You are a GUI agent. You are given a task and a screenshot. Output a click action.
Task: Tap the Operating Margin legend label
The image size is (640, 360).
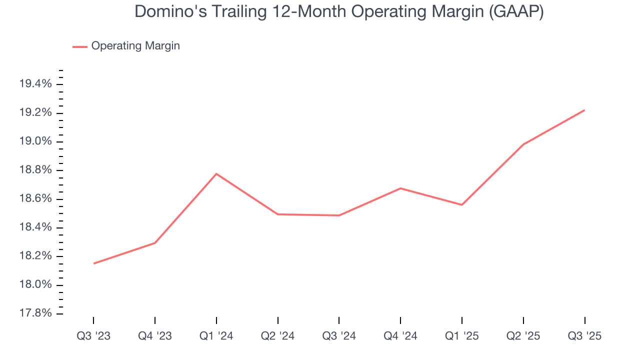[135, 46]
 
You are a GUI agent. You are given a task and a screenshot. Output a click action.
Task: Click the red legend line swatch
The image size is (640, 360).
[80, 46]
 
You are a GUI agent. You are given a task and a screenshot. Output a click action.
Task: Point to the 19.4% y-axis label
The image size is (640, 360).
[35, 84]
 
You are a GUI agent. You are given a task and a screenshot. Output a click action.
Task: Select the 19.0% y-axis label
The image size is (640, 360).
[35, 141]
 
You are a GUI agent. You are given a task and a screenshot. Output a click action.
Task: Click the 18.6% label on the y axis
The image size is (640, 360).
[35, 199]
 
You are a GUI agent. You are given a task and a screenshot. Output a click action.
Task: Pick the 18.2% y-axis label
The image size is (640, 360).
[35, 256]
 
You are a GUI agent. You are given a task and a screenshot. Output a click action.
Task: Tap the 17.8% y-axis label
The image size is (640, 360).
[35, 313]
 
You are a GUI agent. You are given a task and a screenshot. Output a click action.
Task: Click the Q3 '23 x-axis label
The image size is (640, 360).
[93, 336]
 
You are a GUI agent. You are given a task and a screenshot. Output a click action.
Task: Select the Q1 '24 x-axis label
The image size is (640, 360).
[216, 336]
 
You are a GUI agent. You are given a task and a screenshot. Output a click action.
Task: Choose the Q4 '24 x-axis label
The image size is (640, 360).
[400, 336]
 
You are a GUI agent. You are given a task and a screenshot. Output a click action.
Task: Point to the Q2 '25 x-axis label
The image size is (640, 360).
[523, 336]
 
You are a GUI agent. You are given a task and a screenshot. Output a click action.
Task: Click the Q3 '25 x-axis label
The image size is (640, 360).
[584, 336]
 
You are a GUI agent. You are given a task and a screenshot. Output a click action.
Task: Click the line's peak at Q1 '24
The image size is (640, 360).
[216, 173]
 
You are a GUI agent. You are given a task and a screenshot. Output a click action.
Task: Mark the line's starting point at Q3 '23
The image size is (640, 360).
[93, 263]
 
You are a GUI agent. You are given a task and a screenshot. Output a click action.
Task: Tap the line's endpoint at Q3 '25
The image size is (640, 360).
[584, 110]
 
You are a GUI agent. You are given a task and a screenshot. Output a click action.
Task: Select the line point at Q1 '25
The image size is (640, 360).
[462, 205]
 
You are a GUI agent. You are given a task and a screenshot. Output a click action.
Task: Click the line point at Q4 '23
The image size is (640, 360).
[155, 243]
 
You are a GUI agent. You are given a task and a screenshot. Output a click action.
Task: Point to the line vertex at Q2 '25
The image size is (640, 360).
[523, 144]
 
